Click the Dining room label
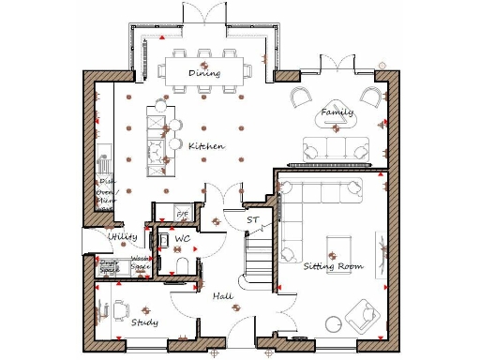(x=203, y=72)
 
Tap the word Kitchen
(x=205, y=146)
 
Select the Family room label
(x=337, y=112)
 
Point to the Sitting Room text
(x=333, y=266)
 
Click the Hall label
(x=222, y=296)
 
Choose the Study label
(x=144, y=322)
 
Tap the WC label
(x=183, y=240)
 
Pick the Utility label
(x=123, y=237)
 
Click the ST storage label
(x=252, y=219)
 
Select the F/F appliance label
(x=183, y=216)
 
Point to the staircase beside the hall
(x=258, y=258)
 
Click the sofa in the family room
(x=335, y=147)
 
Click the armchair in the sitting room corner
(x=362, y=317)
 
